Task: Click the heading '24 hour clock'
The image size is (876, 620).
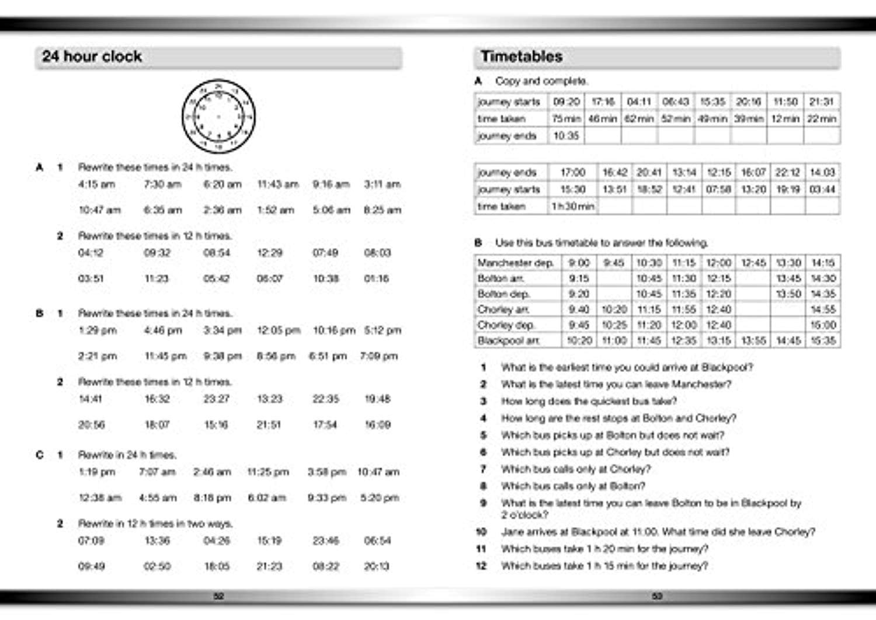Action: tap(92, 57)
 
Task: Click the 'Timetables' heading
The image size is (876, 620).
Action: tap(521, 57)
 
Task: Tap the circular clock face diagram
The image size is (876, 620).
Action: tap(218, 116)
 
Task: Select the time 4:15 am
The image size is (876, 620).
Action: tap(96, 184)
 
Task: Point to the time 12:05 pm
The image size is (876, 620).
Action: tap(278, 330)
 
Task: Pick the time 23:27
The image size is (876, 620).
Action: tap(216, 399)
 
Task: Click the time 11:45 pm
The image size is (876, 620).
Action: tap(165, 356)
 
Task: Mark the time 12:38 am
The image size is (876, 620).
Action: tap(100, 498)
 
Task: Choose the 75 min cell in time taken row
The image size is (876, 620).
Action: tap(566, 119)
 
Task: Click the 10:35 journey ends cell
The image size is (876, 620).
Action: tap(565, 136)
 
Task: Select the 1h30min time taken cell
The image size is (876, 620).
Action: tap(572, 207)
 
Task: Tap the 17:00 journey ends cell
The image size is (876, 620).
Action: tap(572, 173)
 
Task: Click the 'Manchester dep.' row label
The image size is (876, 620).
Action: tap(515, 263)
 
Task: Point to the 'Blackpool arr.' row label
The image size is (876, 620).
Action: tap(508, 341)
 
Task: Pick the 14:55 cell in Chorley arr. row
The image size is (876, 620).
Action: tap(822, 310)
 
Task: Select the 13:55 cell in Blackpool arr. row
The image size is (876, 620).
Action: tap(753, 341)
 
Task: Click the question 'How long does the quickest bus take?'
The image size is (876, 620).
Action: tap(589, 402)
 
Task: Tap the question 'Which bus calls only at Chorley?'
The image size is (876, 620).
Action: tap(575, 469)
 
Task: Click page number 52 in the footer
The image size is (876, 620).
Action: tap(218, 597)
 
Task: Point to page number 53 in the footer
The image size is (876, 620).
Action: tap(657, 597)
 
